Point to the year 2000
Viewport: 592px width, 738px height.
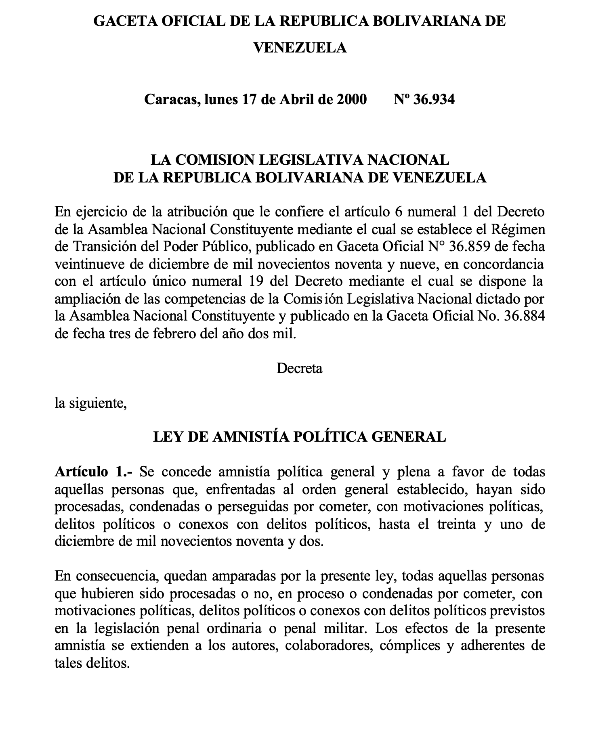(352, 99)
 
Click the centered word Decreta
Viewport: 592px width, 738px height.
(299, 368)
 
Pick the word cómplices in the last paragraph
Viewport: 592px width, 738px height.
(406, 645)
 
